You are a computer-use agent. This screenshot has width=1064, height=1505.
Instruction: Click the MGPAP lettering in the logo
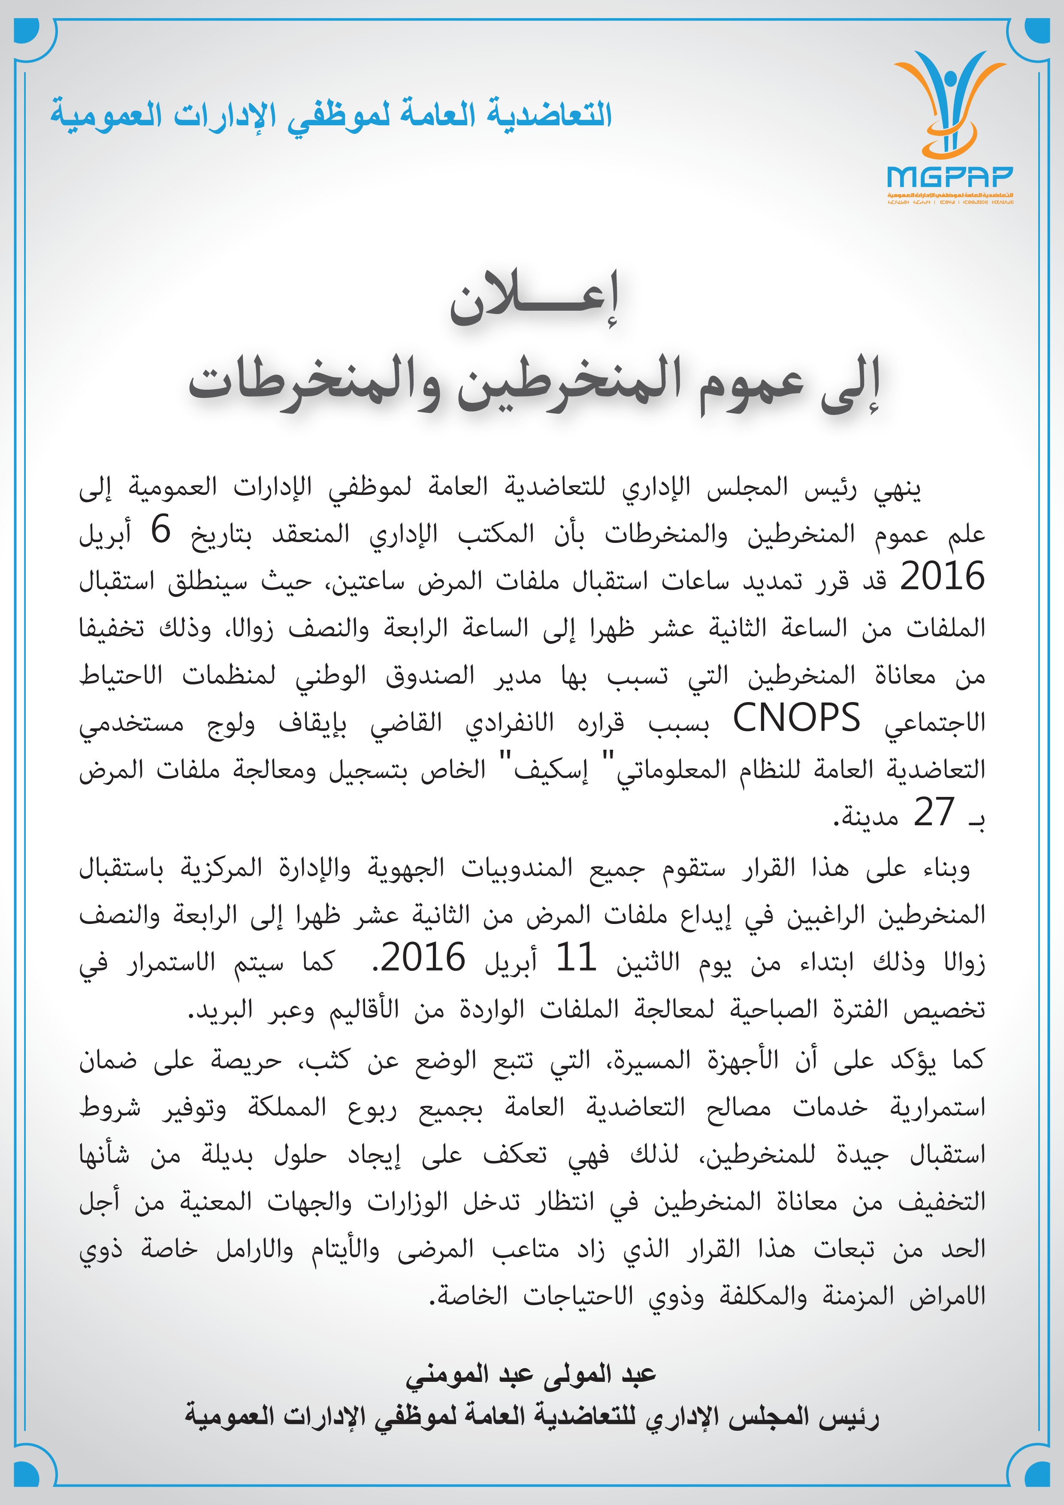pyautogui.click(x=949, y=176)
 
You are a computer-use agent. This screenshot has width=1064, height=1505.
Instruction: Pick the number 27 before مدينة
pyautogui.click(x=934, y=813)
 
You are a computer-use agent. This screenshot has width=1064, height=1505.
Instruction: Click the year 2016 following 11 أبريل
pyautogui.click(x=423, y=958)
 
